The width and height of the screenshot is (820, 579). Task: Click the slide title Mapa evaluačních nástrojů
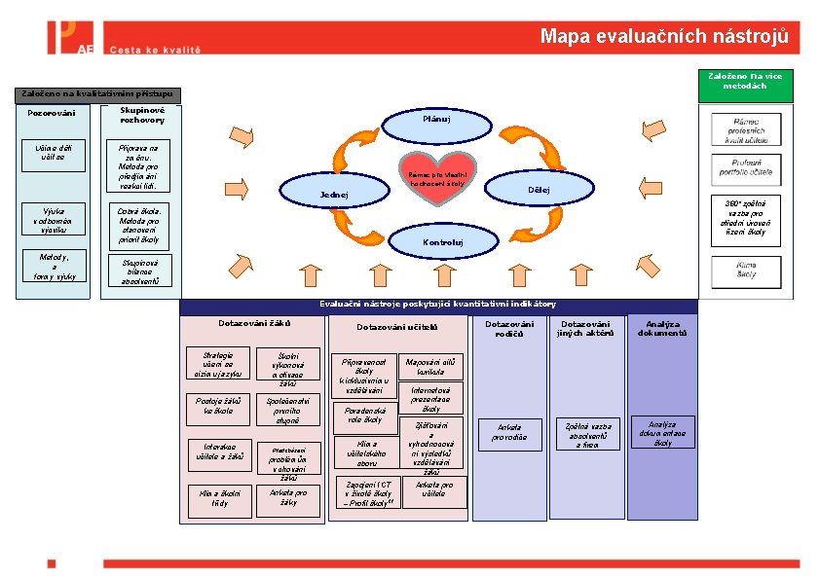click(664, 37)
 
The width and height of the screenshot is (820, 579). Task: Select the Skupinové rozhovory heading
click(142, 115)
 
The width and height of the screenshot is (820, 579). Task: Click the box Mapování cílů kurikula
click(430, 366)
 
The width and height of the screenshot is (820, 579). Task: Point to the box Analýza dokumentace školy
click(662, 433)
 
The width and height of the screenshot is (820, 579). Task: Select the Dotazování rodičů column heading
click(510, 329)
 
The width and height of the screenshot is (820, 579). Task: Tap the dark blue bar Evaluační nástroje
click(439, 305)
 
